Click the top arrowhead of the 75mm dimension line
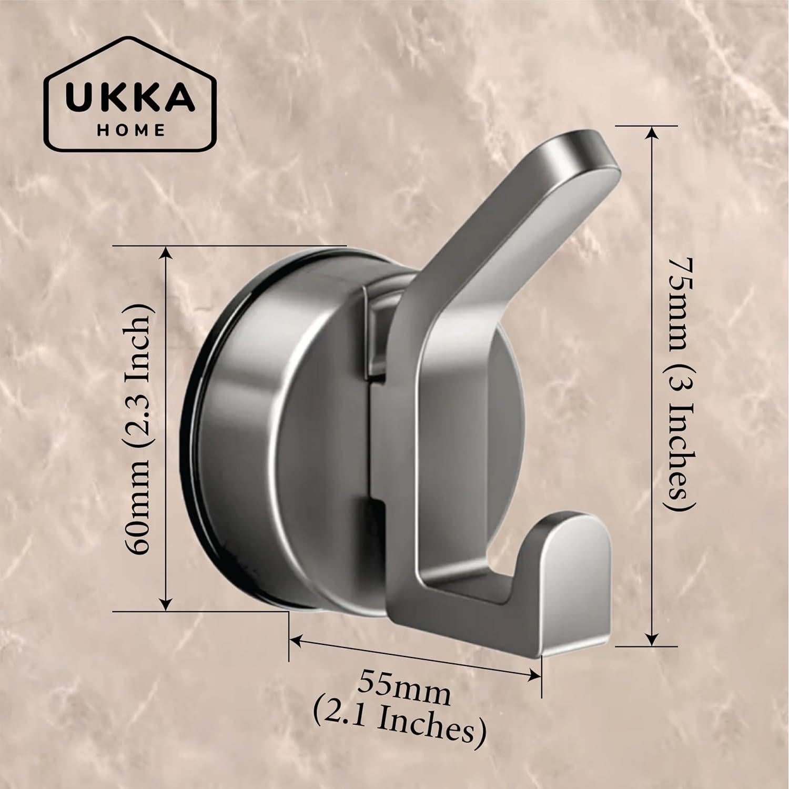point(652,134)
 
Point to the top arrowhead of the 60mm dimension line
point(166,255)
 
